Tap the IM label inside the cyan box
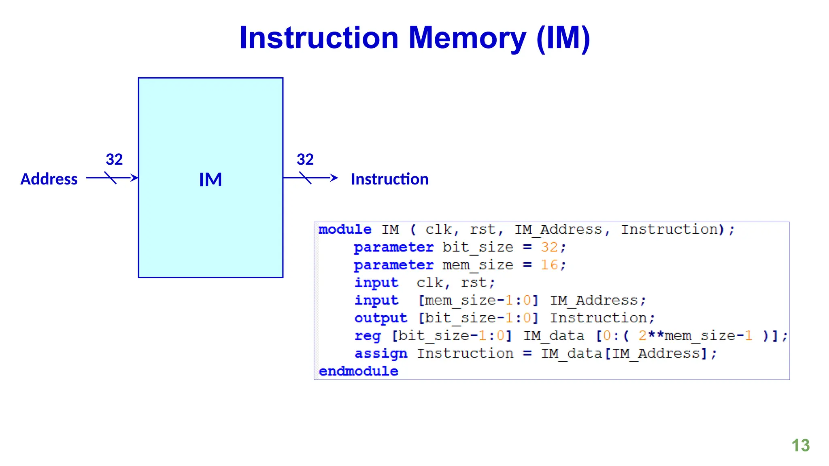(210, 180)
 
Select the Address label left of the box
(49, 179)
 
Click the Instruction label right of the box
(389, 179)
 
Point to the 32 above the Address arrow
(114, 159)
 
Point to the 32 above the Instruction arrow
(305, 159)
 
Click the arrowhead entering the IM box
(134, 178)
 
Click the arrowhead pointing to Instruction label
(334, 178)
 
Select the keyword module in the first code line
(345, 230)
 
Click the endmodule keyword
(358, 371)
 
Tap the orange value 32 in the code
(549, 247)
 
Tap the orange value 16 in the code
(549, 265)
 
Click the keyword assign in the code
(380, 354)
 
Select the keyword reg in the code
(368, 336)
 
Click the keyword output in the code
(380, 318)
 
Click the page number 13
(800, 445)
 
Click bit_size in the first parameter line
(478, 247)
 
